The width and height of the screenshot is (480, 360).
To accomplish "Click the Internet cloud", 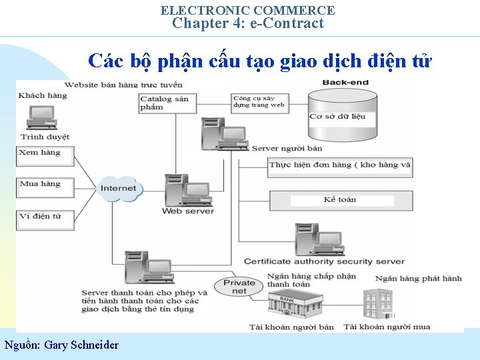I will pyautogui.click(x=119, y=188).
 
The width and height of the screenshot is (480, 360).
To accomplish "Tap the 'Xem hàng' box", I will pyautogui.click(x=45, y=156).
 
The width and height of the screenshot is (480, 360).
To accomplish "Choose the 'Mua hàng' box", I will pyautogui.click(x=45, y=187).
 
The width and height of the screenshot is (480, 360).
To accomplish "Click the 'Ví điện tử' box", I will pyautogui.click(x=45, y=219).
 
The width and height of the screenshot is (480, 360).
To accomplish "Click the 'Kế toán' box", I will pyautogui.click(x=340, y=200).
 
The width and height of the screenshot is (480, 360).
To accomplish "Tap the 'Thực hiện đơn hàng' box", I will pyautogui.click(x=340, y=165).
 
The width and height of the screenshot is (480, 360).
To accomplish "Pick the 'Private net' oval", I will pyautogui.click(x=239, y=287).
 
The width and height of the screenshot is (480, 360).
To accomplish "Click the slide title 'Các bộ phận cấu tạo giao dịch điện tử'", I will pyautogui.click(x=259, y=61).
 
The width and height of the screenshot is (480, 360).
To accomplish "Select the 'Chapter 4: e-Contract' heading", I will pyautogui.click(x=248, y=23).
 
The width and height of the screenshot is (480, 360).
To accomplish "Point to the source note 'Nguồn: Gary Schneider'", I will pyautogui.click(x=61, y=345).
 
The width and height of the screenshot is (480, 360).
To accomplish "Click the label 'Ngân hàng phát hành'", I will pyautogui.click(x=418, y=278).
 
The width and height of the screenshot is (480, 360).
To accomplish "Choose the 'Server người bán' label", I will pyautogui.click(x=287, y=148).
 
